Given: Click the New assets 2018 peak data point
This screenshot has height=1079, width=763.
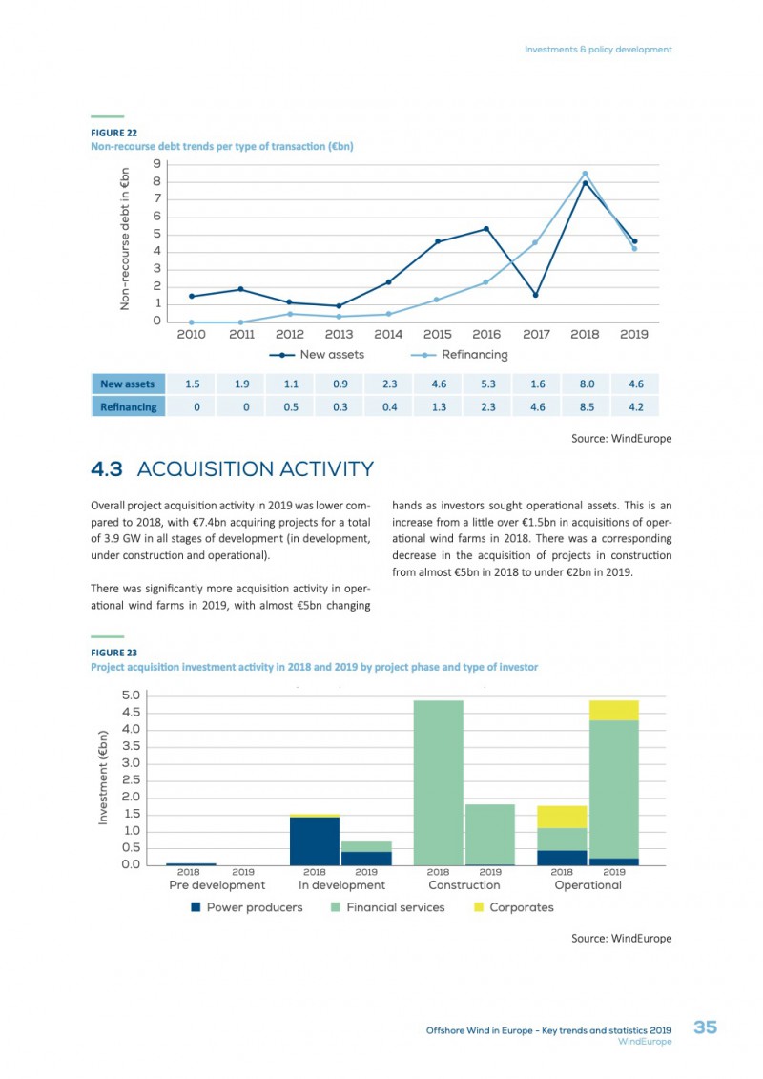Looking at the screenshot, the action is [585, 183].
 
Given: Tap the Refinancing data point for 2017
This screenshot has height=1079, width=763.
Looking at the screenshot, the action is [535, 242].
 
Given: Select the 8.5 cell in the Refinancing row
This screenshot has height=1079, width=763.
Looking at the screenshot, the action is [587, 406].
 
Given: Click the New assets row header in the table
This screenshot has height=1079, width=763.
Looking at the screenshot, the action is [128, 384].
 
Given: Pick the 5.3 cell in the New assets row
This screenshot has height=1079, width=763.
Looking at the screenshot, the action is [488, 384].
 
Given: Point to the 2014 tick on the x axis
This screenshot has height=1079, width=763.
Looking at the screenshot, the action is [388, 335].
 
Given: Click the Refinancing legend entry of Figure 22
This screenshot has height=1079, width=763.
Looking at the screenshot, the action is [460, 355].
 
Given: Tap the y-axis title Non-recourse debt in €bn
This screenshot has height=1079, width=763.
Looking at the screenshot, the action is [125, 239].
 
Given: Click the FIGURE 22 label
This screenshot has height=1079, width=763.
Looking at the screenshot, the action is [114, 133].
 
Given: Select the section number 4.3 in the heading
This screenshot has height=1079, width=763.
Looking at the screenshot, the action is [107, 469].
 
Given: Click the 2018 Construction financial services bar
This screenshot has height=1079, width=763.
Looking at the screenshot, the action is [439, 783].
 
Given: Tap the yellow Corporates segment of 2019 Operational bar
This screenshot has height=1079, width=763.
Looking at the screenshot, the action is [613, 710].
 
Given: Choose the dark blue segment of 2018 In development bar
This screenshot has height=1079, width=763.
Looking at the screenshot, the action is [315, 840].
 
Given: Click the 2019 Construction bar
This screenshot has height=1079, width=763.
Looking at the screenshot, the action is [490, 835].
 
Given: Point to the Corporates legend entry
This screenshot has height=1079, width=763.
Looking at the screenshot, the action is [514, 907].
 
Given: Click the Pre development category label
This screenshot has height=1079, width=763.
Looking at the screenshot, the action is [217, 885].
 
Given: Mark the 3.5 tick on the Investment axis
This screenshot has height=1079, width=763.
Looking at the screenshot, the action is [131, 747].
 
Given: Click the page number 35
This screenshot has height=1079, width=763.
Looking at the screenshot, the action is [705, 1027].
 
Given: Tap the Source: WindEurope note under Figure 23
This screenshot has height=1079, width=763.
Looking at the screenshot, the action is [621, 939].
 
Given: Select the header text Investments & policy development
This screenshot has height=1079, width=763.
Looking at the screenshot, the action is [598, 50].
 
